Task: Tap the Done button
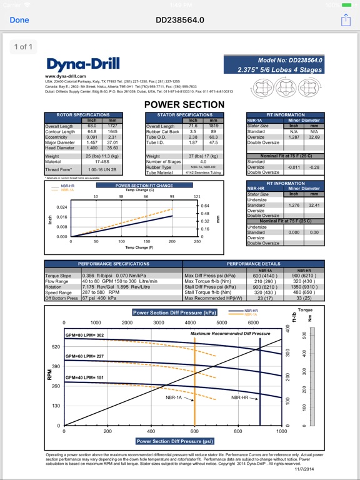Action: click(x=19, y=20)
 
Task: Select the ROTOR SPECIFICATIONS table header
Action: click(x=83, y=115)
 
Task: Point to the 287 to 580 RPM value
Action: click(x=101, y=292)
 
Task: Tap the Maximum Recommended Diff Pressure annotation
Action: click(x=230, y=334)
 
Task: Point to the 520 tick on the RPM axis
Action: click(x=56, y=346)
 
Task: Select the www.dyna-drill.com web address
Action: click(x=65, y=76)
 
